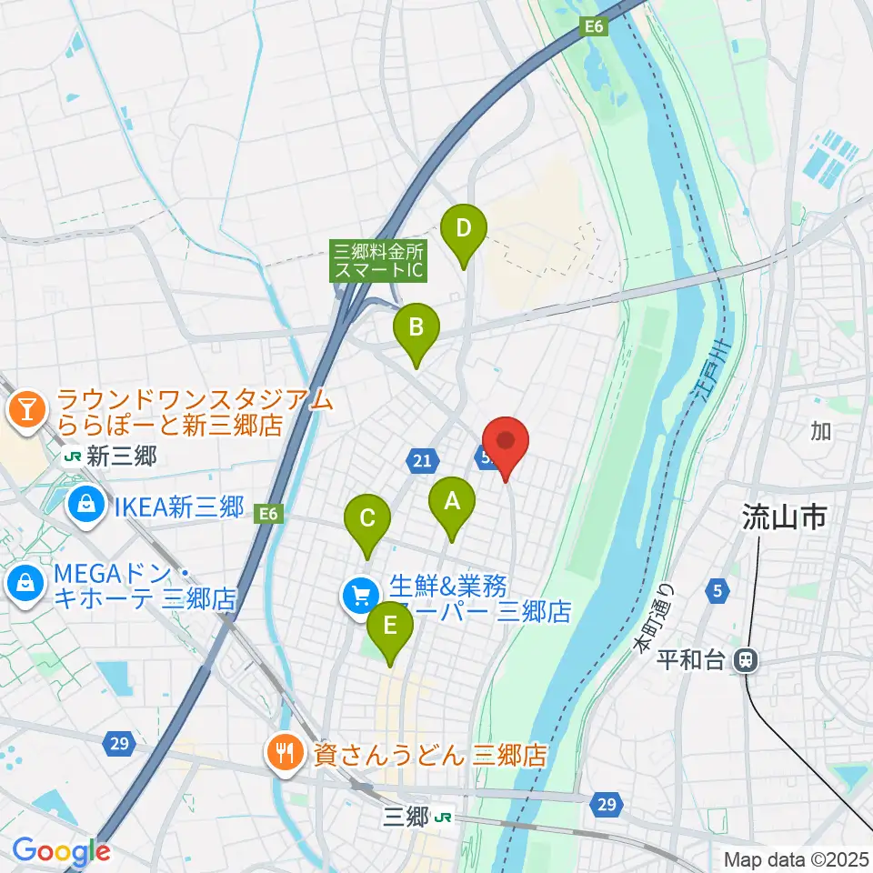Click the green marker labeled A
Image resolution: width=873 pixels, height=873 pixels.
(x=451, y=502)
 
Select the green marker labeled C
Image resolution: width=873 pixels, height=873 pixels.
(x=367, y=520)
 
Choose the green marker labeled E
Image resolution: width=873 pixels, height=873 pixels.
(x=390, y=627)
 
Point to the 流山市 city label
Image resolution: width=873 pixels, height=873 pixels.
(x=784, y=519)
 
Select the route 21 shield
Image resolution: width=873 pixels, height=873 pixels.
(x=420, y=462)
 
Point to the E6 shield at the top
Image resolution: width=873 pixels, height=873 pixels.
(x=595, y=28)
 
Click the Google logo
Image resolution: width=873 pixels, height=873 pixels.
(x=61, y=851)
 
